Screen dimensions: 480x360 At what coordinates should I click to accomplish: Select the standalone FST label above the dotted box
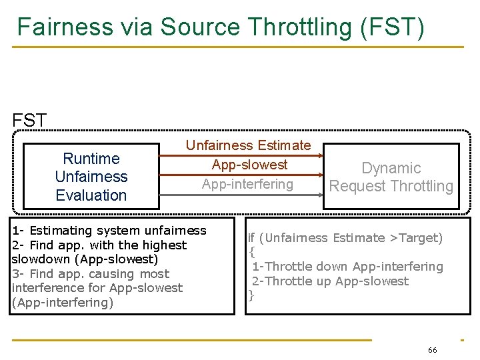30,121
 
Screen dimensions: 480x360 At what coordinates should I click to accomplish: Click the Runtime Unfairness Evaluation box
91,177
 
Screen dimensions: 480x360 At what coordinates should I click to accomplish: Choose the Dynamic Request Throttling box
391,177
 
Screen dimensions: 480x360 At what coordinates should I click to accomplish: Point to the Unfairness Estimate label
248,145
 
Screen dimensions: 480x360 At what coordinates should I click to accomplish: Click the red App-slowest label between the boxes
249,165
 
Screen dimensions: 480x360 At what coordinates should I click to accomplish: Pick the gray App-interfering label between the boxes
247,184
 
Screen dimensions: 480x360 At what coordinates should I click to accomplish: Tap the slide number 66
433,350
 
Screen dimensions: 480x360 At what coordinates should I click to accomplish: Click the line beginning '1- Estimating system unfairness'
109,231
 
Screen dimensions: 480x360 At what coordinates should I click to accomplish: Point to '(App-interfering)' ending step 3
63,303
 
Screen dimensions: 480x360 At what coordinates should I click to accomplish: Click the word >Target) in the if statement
416,238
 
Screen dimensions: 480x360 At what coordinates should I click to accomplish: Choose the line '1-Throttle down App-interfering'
347,267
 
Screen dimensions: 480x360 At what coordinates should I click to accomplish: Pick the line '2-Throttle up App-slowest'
330,281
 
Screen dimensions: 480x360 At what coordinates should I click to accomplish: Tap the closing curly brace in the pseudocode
251,295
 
